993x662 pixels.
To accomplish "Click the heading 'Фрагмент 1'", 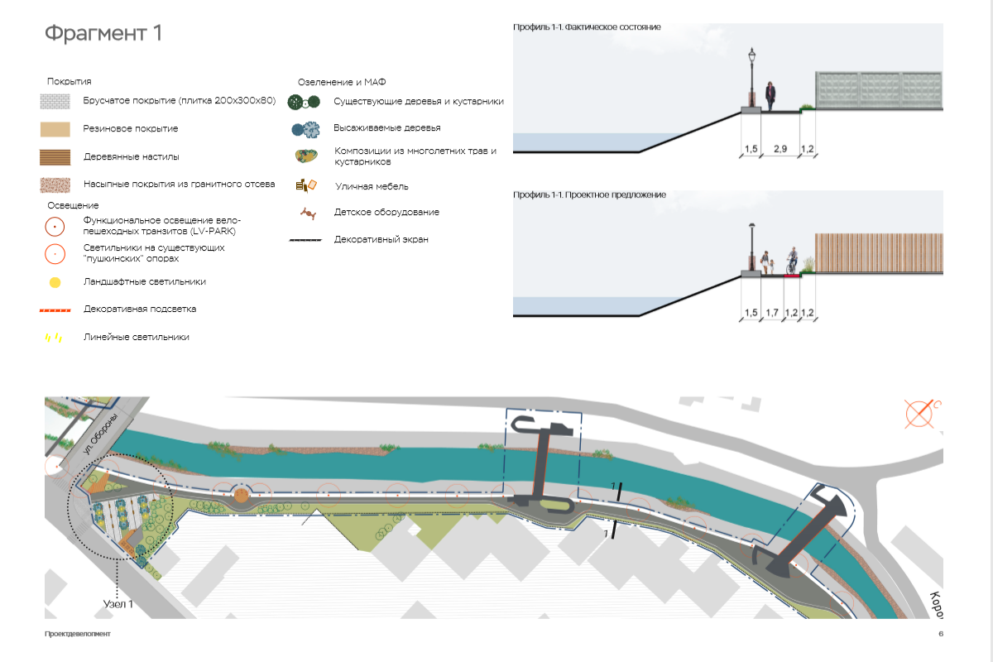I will (x=103, y=34).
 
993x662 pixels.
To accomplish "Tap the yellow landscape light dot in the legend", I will (x=55, y=282).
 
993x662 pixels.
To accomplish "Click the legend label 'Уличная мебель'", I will (x=372, y=187).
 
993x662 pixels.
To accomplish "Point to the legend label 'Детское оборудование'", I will (x=386, y=213).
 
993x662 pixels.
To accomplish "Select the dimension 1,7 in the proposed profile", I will (x=772, y=312).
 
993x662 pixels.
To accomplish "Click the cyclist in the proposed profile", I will (x=793, y=260).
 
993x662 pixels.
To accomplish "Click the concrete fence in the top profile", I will (x=879, y=90).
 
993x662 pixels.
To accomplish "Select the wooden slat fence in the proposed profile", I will (x=879, y=253).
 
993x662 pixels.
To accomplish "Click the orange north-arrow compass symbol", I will (x=919, y=413).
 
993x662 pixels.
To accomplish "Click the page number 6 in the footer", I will (x=941, y=634).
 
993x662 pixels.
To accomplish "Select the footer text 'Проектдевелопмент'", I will (x=78, y=634).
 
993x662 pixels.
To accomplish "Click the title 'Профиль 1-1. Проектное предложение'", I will (x=589, y=195).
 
